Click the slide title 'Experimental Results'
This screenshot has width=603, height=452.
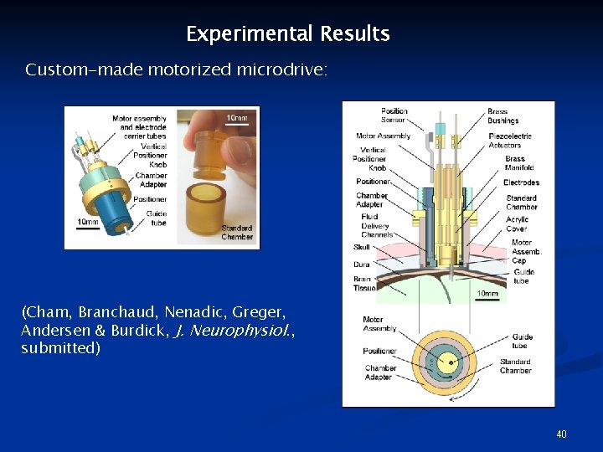pyautogui.click(x=287, y=34)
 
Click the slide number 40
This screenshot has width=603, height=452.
pyautogui.click(x=561, y=434)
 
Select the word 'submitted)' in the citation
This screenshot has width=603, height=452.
pyautogui.click(x=60, y=347)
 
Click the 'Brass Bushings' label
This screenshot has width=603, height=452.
pyautogui.click(x=503, y=116)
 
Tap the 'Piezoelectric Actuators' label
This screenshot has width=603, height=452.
pyautogui.click(x=510, y=141)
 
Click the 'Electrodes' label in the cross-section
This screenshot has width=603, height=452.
pyautogui.click(x=521, y=182)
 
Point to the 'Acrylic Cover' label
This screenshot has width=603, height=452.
pyautogui.click(x=517, y=223)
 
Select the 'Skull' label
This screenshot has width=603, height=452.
pyautogui.click(x=361, y=247)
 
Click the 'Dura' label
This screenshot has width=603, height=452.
pyautogui.click(x=361, y=265)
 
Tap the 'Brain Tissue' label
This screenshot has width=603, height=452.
pyautogui.click(x=364, y=284)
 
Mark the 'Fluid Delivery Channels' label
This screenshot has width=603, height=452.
pyautogui.click(x=376, y=225)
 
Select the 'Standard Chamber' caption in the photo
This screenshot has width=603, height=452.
pyautogui.click(x=236, y=232)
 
